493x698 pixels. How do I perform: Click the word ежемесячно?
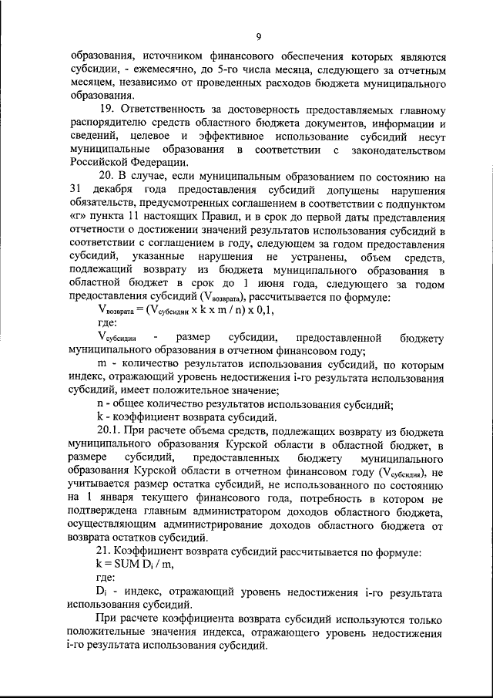coord(163,69)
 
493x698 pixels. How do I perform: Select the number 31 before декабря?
coord(75,189)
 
